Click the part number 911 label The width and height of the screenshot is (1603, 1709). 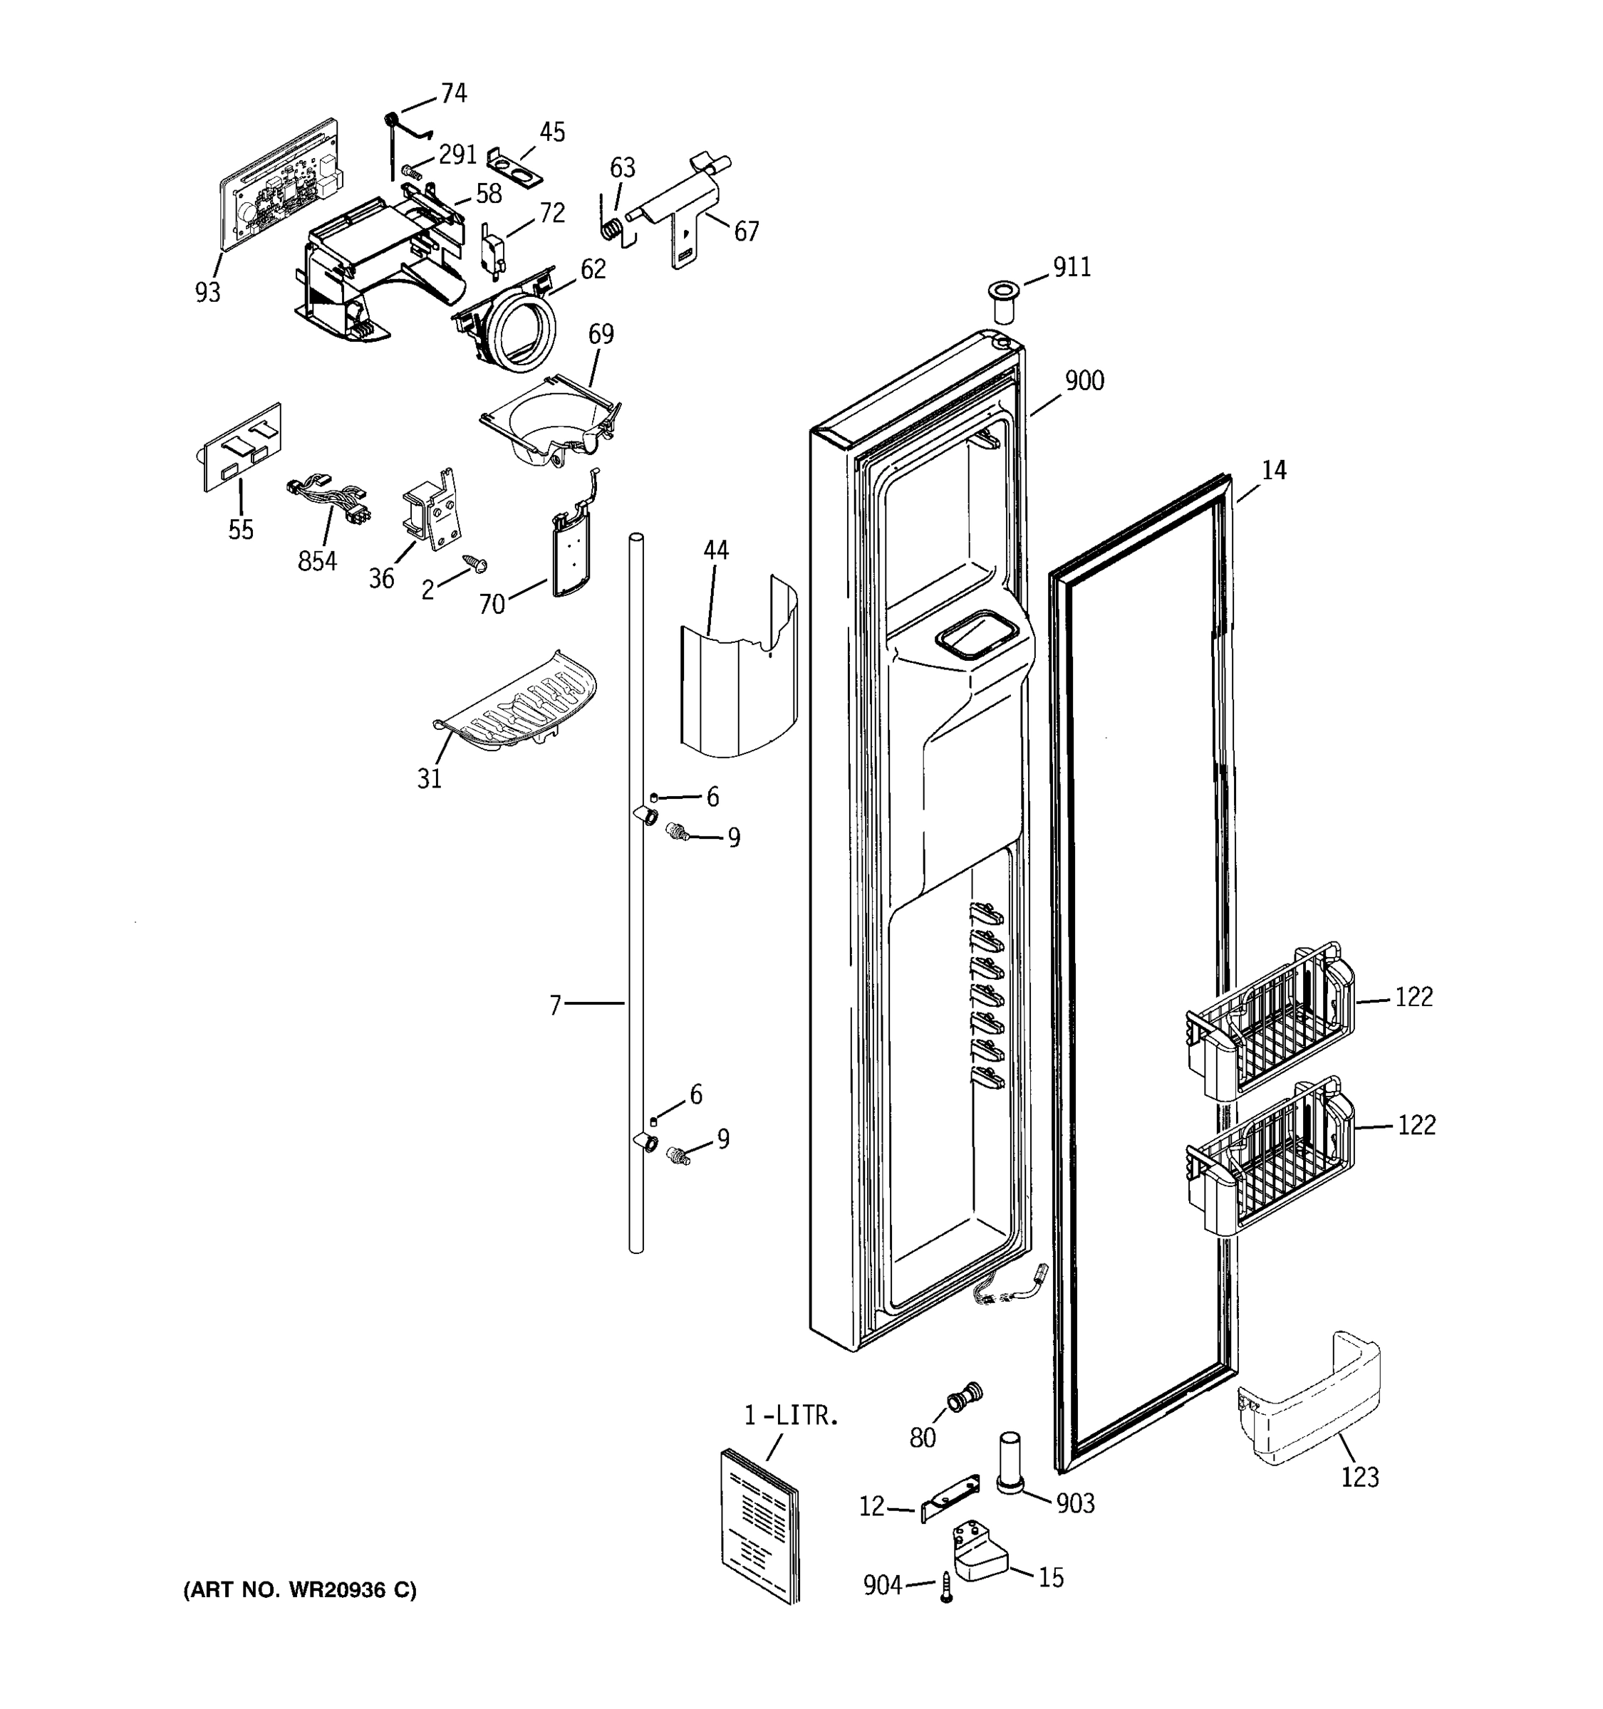click(1072, 267)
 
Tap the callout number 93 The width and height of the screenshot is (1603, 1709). click(207, 292)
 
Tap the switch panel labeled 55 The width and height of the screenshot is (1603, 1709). click(242, 447)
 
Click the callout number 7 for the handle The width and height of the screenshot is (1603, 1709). click(555, 1004)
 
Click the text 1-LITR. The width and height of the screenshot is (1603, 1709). click(790, 1416)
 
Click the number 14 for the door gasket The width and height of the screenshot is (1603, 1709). click(1274, 470)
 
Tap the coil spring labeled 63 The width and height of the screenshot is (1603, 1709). click(611, 229)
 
